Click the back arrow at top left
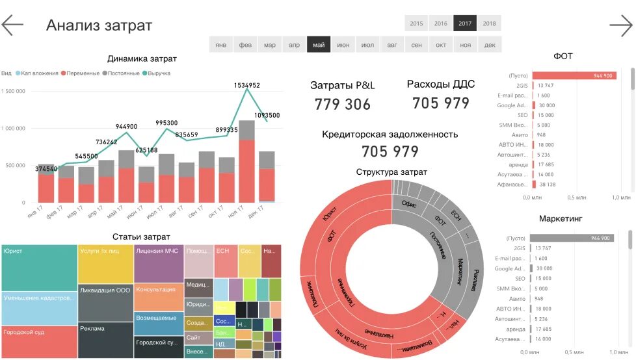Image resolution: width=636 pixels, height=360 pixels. tap(12, 25)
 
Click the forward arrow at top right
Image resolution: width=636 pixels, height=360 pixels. tap(620, 25)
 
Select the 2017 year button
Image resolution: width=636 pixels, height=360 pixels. tap(465, 23)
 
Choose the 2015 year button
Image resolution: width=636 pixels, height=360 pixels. tap(416, 23)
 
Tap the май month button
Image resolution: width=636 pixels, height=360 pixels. tap(319, 45)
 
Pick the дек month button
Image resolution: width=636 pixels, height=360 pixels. tap(490, 45)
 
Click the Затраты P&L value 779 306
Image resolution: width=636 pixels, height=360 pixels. tap(343, 104)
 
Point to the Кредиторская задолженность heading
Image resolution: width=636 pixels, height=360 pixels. tap(390, 135)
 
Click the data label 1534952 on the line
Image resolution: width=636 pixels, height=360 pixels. tap(247, 85)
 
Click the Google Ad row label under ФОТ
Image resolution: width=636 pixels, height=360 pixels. tap(512, 105)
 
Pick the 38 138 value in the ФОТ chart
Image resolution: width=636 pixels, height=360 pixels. tap(548, 185)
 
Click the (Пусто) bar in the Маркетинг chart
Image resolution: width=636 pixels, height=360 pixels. tap(572, 238)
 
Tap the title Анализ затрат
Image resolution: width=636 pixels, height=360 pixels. tap(99, 25)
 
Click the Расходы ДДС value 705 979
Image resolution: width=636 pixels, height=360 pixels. tap(441, 103)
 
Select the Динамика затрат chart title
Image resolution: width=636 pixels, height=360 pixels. tap(142, 59)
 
